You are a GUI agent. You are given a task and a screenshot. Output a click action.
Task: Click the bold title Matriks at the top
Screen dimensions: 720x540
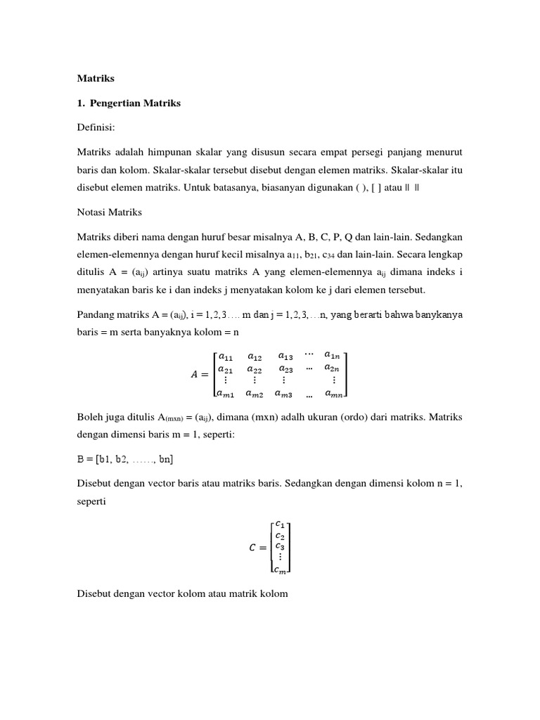[95, 79]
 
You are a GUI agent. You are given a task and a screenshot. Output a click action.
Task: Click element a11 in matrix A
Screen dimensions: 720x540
[226, 356]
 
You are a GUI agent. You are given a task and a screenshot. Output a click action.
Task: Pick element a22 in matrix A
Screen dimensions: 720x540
[255, 368]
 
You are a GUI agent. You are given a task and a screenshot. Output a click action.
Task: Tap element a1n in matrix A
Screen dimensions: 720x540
[333, 355]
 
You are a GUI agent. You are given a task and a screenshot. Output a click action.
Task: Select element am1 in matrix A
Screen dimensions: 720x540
[227, 394]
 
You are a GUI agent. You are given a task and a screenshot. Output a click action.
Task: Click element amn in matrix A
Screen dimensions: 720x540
[333, 394]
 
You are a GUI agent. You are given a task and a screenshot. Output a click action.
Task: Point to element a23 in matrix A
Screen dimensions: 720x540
[285, 368]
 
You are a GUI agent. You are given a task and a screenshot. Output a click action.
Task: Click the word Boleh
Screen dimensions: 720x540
[90, 418]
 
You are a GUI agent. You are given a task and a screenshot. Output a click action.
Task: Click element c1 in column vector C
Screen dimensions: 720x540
[280, 524]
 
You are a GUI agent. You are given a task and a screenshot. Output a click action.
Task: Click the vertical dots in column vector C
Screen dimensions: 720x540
[281, 556]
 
